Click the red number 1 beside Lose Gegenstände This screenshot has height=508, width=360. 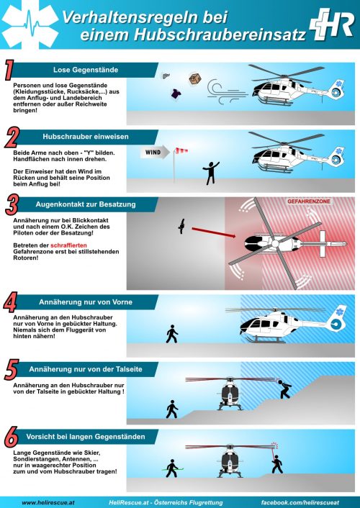(x=10, y=69)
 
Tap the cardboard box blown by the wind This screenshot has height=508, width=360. (x=195, y=78)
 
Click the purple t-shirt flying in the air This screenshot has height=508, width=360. (x=176, y=94)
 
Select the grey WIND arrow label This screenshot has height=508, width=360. (x=155, y=153)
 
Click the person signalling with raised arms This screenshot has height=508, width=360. (x=211, y=173)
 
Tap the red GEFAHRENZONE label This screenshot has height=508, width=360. (x=308, y=201)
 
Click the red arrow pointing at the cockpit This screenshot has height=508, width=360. (x=214, y=232)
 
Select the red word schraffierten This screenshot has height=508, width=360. (x=68, y=245)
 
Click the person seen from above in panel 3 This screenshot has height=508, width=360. (x=181, y=226)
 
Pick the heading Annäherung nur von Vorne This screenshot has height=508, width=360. (x=86, y=302)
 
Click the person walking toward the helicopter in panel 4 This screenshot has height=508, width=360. (x=172, y=334)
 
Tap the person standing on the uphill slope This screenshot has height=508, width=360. (x=284, y=389)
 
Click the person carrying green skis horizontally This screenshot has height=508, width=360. (x=172, y=468)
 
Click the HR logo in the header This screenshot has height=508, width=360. (x=331, y=24)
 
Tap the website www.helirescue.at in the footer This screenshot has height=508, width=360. (x=48, y=503)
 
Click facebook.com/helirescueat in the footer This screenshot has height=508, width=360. (x=300, y=503)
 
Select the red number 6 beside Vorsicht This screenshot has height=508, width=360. (x=11, y=437)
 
